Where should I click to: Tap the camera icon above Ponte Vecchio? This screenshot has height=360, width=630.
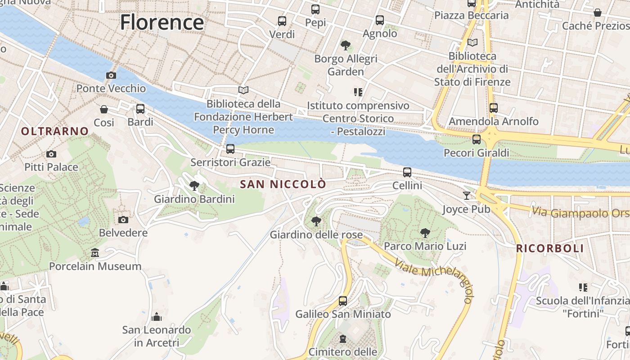point(111,75)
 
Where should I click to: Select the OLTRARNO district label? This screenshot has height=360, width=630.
point(55,131)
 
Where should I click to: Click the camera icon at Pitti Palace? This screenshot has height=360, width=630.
point(51,154)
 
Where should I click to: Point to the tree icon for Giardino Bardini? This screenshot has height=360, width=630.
point(194,185)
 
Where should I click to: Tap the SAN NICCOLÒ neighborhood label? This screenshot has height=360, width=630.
point(283,184)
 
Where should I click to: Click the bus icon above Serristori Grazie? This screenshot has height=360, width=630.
point(230,148)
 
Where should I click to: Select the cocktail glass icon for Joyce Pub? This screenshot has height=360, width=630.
point(467,195)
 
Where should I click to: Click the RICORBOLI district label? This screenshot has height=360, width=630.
point(549,248)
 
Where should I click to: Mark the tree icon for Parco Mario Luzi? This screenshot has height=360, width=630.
point(425,233)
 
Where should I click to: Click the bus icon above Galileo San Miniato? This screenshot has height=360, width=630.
point(343,301)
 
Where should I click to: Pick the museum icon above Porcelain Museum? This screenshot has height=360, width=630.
point(95,253)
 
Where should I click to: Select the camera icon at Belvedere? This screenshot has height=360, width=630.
point(123,220)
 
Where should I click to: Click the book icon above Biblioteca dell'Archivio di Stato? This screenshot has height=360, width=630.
point(472,43)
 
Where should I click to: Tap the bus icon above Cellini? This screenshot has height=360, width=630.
point(407,172)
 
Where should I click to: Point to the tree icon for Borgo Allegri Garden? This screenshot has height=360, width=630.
point(346,45)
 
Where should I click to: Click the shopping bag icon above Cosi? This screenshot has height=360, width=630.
point(104,109)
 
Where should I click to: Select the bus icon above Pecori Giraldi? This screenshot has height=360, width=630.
point(477,139)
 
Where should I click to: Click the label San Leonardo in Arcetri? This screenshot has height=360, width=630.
point(157,336)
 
